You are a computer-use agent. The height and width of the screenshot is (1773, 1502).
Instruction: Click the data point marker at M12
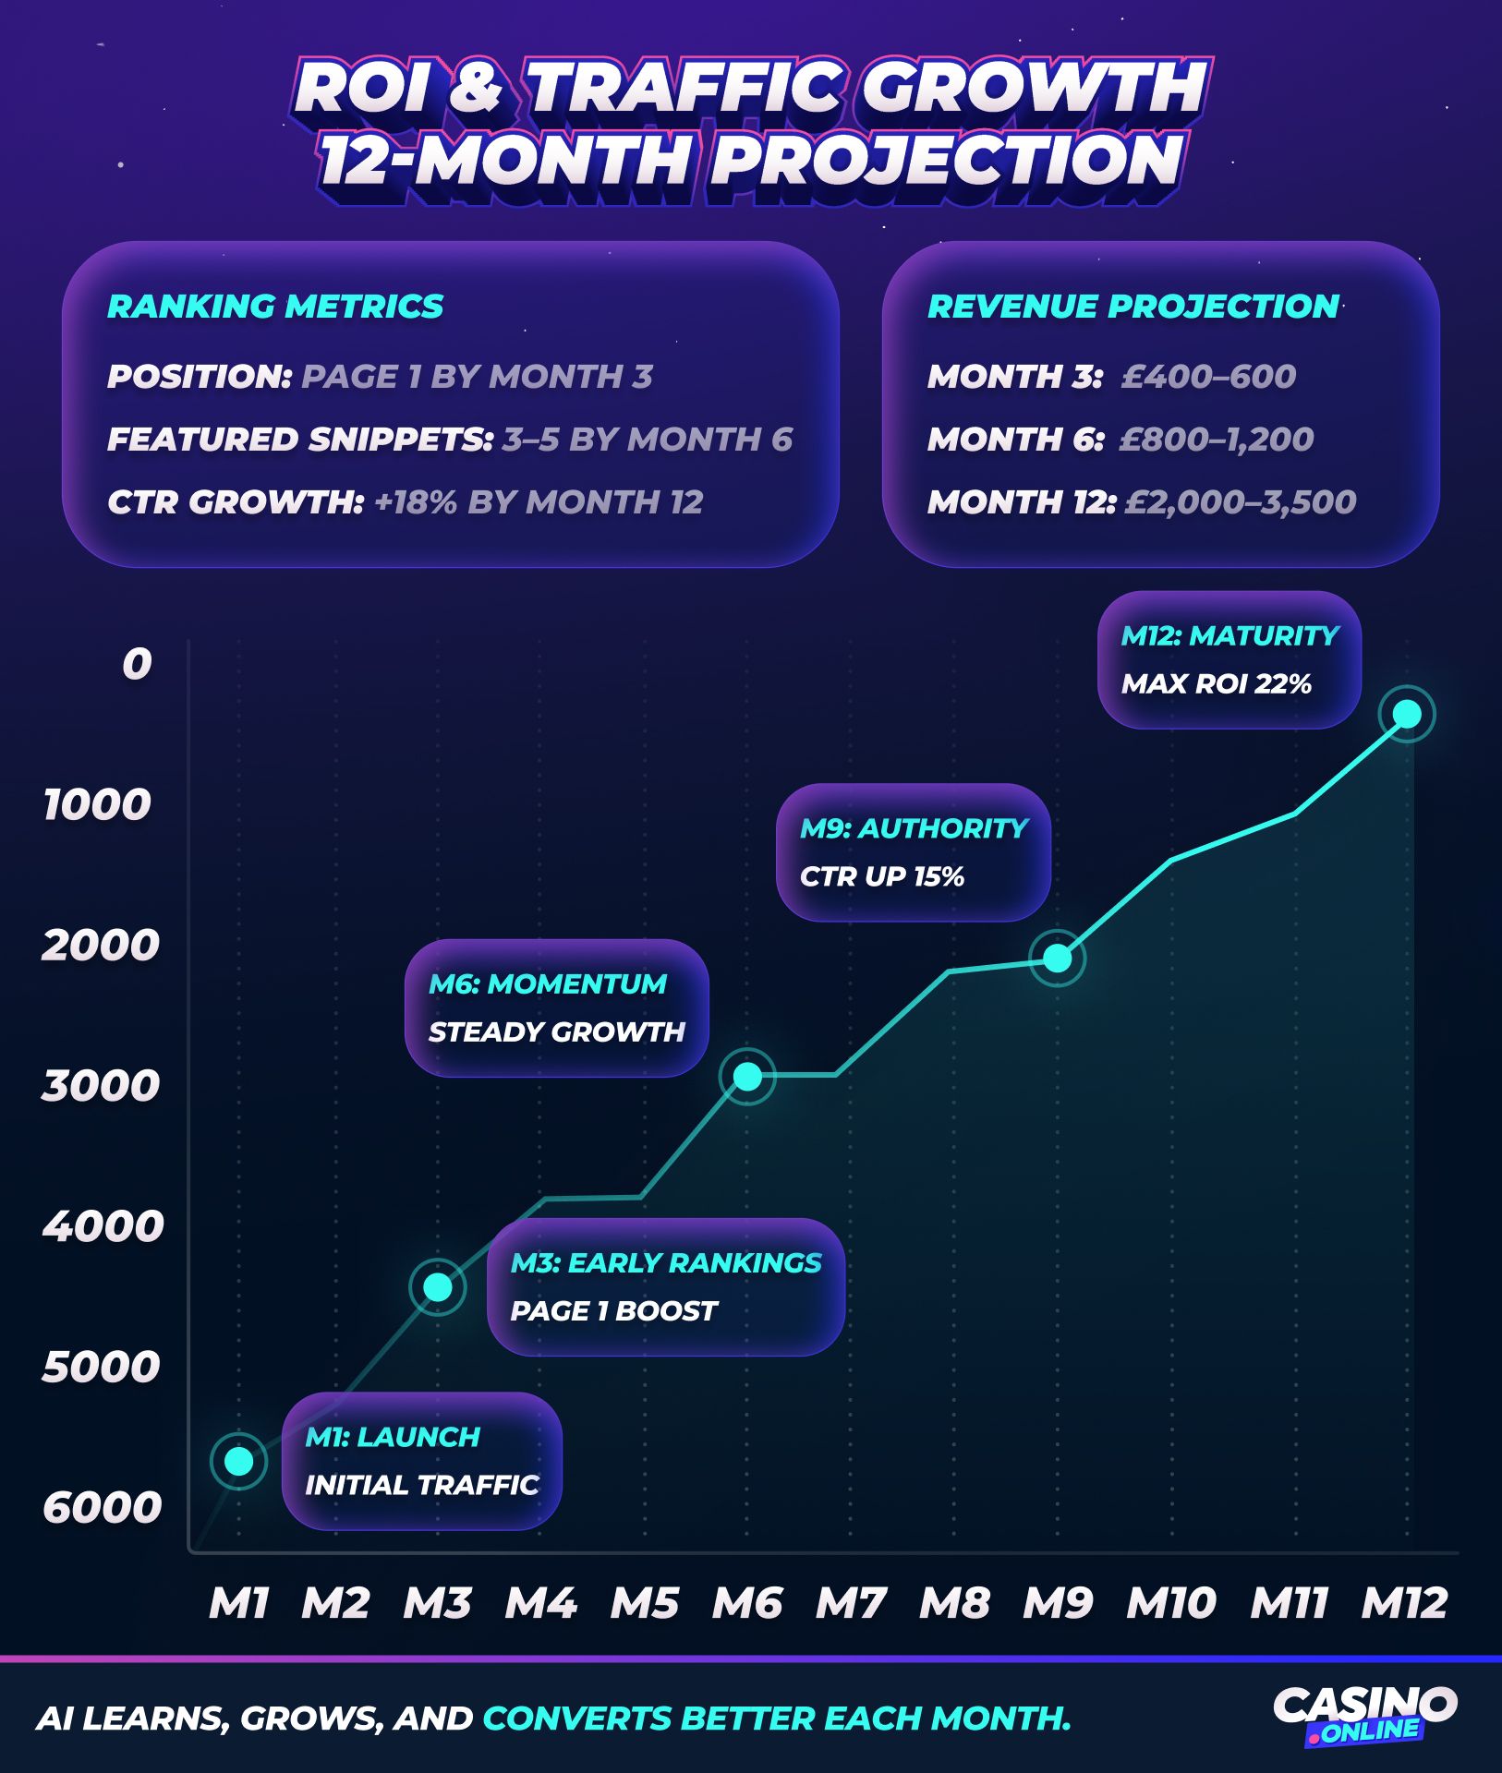[1406, 714]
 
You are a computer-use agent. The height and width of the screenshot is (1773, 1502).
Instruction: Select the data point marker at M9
[1058, 959]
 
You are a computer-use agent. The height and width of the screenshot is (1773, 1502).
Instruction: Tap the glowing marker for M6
[747, 1076]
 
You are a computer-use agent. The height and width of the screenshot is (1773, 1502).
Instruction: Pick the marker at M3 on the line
[438, 1286]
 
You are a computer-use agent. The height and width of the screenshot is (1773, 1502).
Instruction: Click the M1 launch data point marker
[239, 1461]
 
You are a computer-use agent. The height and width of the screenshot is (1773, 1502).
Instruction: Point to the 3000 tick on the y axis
[101, 1086]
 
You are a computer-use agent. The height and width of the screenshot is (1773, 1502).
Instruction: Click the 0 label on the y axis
[137, 664]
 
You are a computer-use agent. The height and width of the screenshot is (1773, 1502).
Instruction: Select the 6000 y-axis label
[102, 1507]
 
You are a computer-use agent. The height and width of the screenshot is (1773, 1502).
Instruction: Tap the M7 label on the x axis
[851, 1603]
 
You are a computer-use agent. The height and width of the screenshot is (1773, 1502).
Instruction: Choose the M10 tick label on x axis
[1170, 1603]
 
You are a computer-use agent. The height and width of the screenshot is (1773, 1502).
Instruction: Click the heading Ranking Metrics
[275, 307]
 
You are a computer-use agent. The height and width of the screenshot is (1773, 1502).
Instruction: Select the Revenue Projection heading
[1133, 307]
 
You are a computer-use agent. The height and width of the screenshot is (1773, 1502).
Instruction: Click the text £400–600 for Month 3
[1208, 377]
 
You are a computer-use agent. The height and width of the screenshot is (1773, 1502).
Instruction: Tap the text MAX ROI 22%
[1216, 684]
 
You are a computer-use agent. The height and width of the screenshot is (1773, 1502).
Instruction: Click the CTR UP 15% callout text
[881, 876]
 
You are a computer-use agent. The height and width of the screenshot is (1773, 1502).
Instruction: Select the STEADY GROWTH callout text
[556, 1031]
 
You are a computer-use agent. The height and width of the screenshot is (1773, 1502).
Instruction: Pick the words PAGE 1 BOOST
[613, 1311]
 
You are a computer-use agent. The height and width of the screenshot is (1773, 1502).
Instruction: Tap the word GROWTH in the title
[1034, 89]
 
